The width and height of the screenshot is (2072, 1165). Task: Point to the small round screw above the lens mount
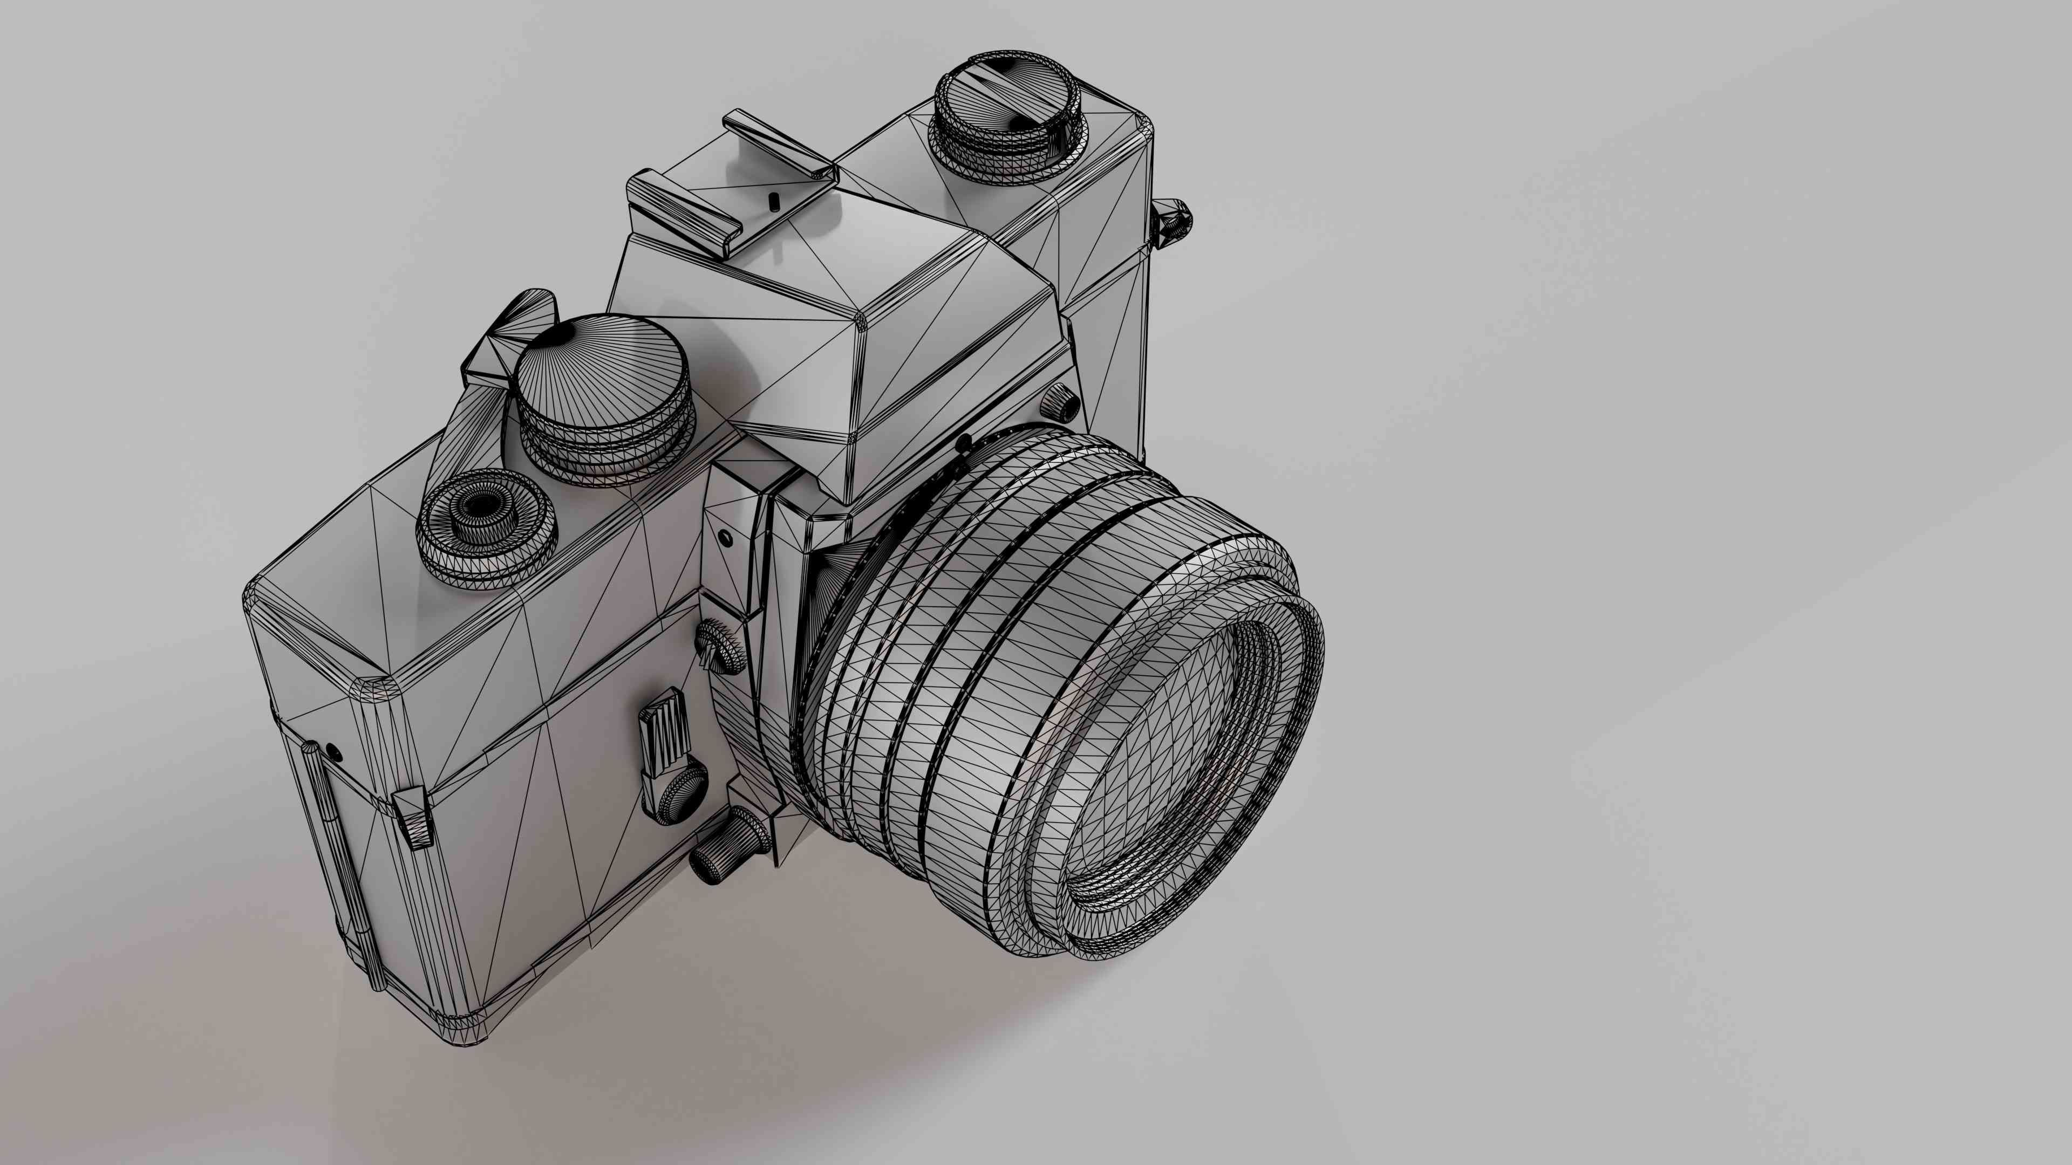coord(726,537)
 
